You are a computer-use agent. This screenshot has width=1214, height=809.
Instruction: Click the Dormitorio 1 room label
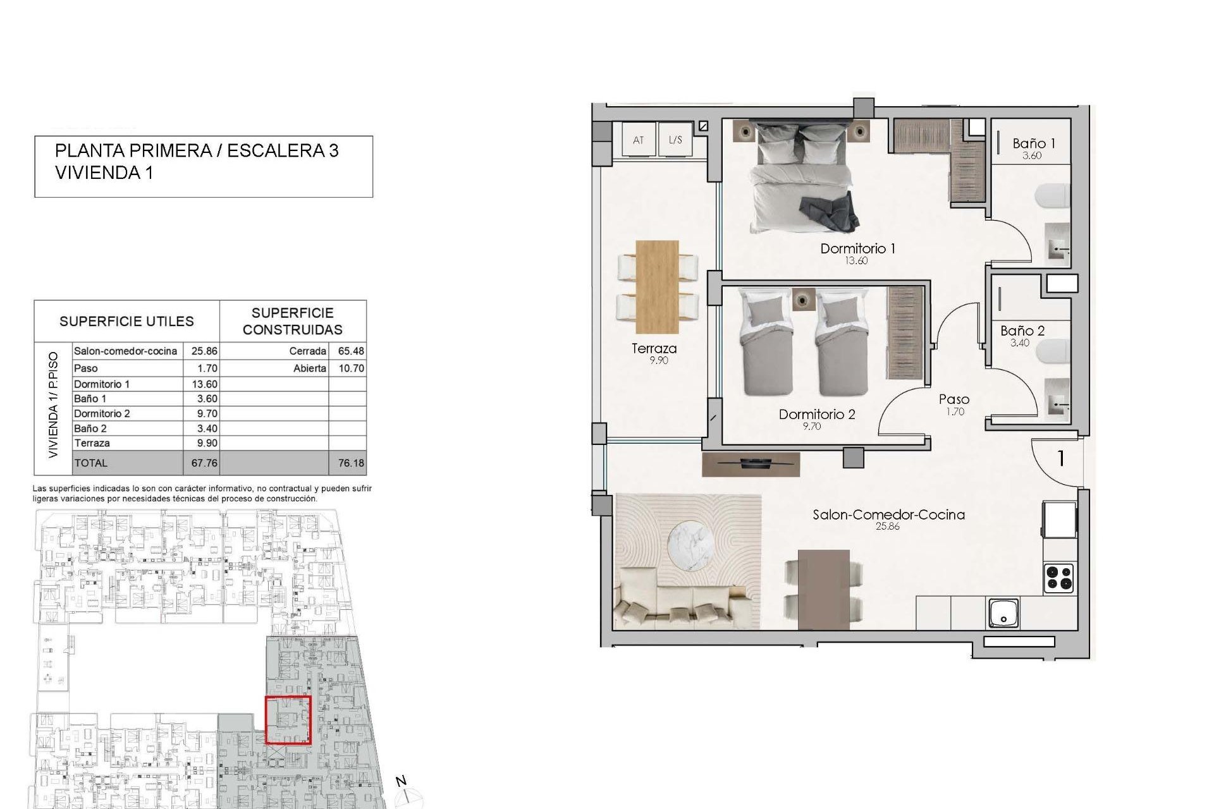pyautogui.click(x=857, y=248)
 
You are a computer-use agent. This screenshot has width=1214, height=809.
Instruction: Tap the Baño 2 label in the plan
pyautogui.click(x=1022, y=331)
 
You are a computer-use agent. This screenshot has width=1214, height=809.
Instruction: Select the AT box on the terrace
pyautogui.click(x=638, y=140)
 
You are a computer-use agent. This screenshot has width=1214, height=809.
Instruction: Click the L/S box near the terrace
pyautogui.click(x=675, y=140)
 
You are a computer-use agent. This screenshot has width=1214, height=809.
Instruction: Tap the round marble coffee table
pyautogui.click(x=693, y=542)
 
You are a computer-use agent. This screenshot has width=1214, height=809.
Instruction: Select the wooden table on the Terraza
pyautogui.click(x=657, y=286)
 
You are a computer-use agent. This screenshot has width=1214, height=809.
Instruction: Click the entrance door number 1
pyautogui.click(x=1061, y=458)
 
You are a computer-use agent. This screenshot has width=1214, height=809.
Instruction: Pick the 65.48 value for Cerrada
pyautogui.click(x=351, y=351)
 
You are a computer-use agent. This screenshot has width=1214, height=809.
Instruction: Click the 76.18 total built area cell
pyautogui.click(x=351, y=463)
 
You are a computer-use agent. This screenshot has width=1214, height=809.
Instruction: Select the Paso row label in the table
pyautogui.click(x=86, y=368)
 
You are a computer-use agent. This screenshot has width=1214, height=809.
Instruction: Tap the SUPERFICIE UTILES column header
pyautogui.click(x=126, y=321)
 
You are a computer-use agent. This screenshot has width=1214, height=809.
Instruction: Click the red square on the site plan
pyautogui.click(x=288, y=720)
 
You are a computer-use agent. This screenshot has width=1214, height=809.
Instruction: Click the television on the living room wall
pyautogui.click(x=751, y=464)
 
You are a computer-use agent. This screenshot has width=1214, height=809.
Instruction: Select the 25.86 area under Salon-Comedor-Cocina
pyautogui.click(x=887, y=526)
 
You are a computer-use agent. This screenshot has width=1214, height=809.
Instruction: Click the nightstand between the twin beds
pyautogui.click(x=804, y=298)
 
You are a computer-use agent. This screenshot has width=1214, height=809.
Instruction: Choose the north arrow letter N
pyautogui.click(x=401, y=781)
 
